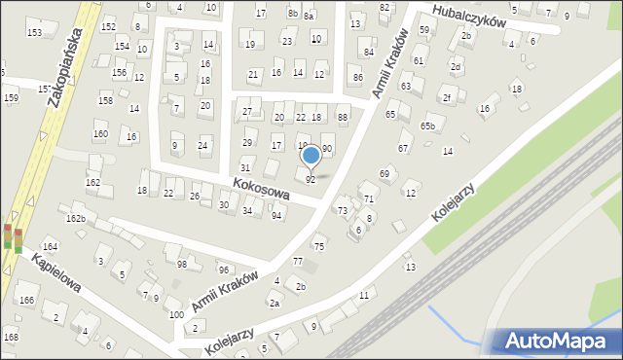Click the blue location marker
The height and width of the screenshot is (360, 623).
(x=311, y=155)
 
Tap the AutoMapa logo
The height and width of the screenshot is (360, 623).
(x=556, y=340)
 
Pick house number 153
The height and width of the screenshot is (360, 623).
(x=34, y=33)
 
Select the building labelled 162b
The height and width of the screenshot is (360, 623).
(x=76, y=219)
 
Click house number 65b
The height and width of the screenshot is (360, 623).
(x=427, y=126)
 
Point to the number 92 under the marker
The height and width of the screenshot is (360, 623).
(x=311, y=179)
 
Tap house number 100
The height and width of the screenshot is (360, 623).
(x=175, y=315)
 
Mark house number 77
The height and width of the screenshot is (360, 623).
(x=298, y=262)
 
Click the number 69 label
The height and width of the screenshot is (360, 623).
(x=385, y=173)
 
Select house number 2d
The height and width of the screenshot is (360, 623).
(x=455, y=66)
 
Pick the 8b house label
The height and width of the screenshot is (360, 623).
(x=293, y=13)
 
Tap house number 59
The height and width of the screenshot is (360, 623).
(x=423, y=30)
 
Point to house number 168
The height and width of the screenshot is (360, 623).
(x=10, y=337)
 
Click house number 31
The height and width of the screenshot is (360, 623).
(x=245, y=167)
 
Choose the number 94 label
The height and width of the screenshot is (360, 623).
(x=277, y=215)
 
